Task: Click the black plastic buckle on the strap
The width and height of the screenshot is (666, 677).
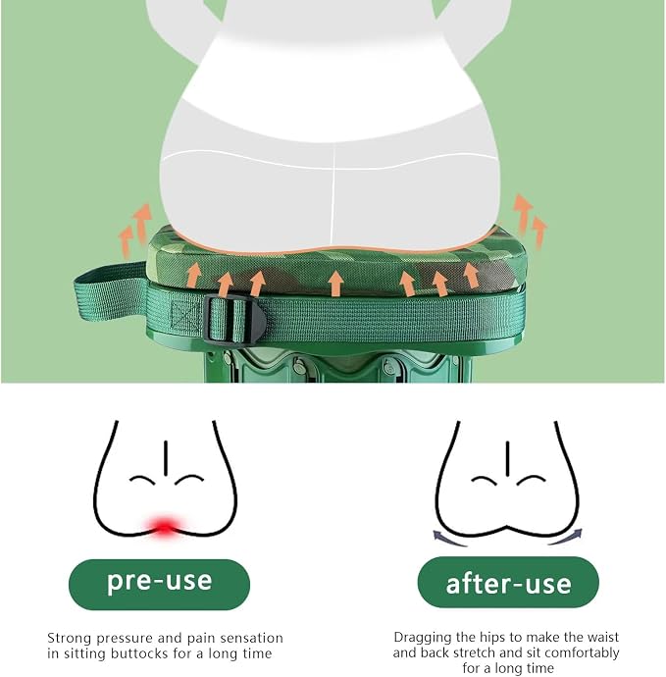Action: pos(233,320)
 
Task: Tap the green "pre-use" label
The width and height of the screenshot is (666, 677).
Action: pos(159,584)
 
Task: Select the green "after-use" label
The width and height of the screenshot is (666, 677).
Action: pos(508,583)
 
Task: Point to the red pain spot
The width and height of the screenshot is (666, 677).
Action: pos(164,527)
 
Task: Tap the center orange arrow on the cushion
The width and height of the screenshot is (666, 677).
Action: pos(335,284)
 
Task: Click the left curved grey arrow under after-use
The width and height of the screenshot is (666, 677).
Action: pos(449,540)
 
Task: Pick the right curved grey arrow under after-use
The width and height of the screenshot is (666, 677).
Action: pos(566,538)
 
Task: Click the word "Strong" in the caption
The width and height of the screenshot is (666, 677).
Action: pos(69,638)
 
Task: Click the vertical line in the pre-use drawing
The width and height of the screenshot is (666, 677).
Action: pos(166,457)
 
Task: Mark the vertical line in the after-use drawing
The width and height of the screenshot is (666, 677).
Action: pos(507,458)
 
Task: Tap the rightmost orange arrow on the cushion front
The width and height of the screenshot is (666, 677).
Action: pos(471,276)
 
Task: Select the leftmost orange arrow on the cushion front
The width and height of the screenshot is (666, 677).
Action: pos(194,276)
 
